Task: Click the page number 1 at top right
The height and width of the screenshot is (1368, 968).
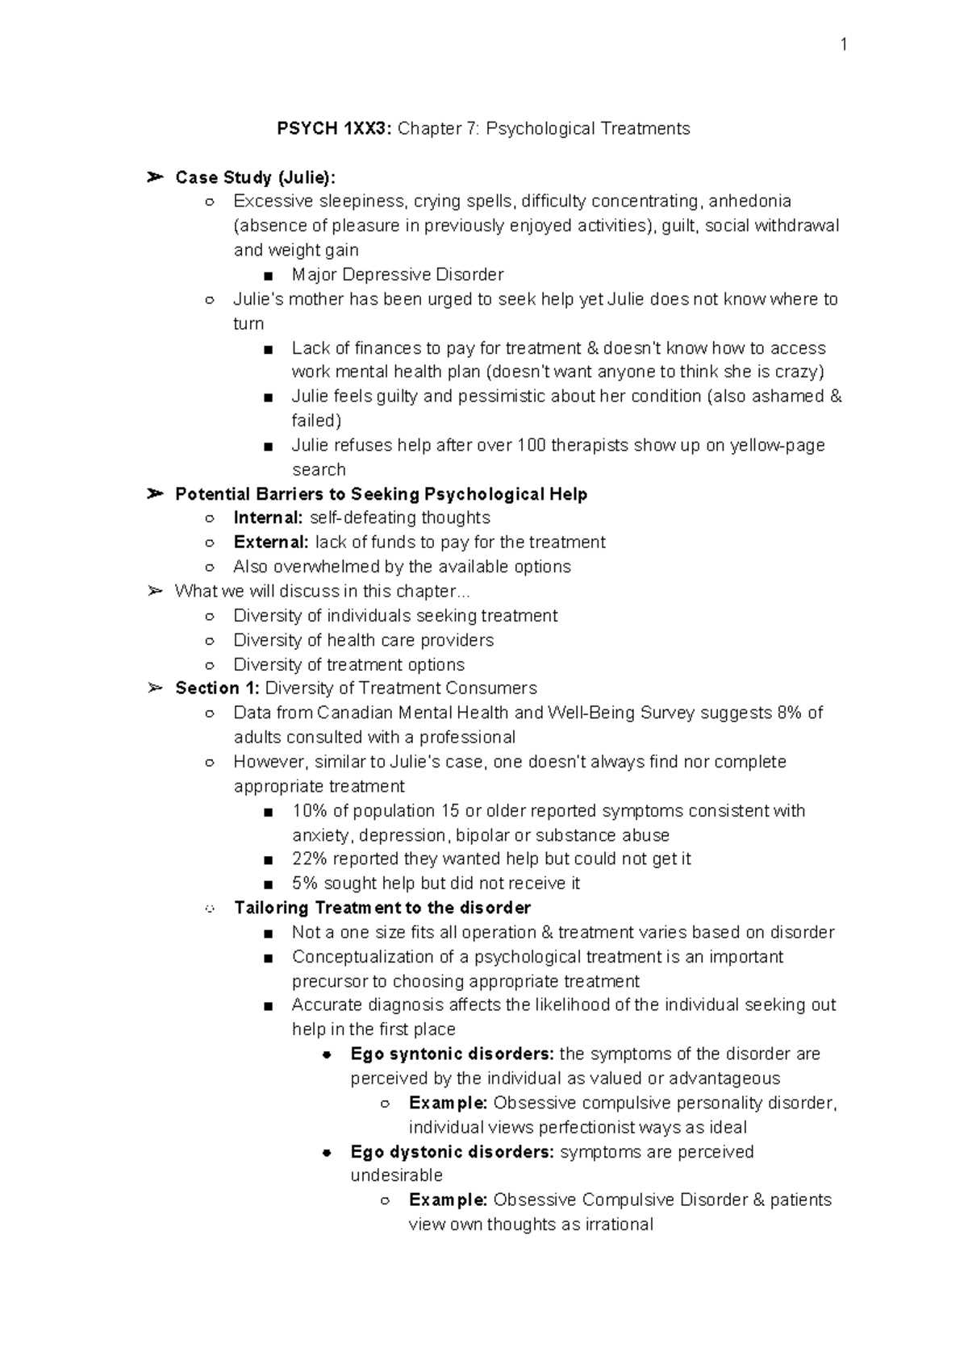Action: [843, 45]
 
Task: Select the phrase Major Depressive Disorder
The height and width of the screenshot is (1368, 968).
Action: [398, 275]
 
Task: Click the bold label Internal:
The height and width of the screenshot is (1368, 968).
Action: [268, 518]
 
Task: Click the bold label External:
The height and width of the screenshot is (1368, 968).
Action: [270, 543]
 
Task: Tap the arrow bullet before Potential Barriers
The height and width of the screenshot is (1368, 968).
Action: [156, 494]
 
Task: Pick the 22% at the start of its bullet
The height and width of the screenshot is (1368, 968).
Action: [309, 859]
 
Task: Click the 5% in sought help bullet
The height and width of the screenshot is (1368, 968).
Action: [304, 884]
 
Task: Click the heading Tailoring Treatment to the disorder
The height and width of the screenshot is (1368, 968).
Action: [382, 909]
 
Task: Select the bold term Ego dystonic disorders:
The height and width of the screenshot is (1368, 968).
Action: [452, 1152]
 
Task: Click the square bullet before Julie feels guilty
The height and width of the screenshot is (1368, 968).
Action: [269, 397]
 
